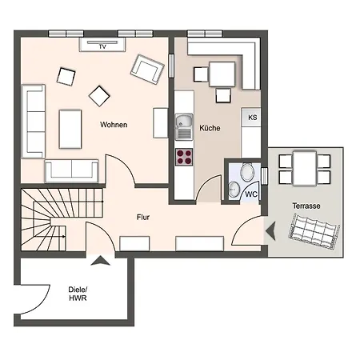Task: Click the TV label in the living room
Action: [102, 47]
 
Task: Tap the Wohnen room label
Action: [114, 125]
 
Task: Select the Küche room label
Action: [210, 128]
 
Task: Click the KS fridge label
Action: [253, 118]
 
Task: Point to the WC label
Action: [251, 194]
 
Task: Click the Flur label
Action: [143, 217]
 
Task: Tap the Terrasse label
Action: [306, 206]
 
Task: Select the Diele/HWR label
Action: [78, 294]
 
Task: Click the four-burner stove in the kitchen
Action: [184, 157]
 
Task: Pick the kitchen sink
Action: [184, 126]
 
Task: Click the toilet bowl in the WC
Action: [247, 172]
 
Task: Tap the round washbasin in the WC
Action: [234, 189]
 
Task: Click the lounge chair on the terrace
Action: [314, 231]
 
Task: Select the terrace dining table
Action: [305, 168]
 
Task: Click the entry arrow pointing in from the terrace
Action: [270, 231]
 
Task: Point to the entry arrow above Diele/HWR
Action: [100, 261]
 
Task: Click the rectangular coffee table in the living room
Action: [70, 129]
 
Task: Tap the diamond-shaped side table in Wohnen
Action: [99, 96]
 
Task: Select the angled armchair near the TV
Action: [147, 70]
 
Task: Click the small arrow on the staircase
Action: [63, 236]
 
